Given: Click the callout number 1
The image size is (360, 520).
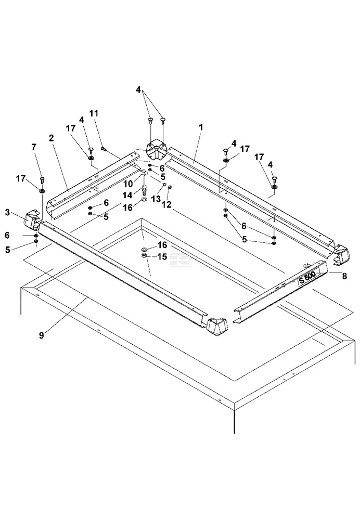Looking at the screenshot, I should click(x=201, y=127).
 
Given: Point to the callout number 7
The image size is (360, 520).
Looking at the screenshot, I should click(x=34, y=147).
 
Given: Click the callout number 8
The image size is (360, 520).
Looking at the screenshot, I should click(x=343, y=278).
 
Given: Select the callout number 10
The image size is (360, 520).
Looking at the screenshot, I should click(x=127, y=184).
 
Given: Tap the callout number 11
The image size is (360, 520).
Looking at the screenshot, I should click(x=94, y=113).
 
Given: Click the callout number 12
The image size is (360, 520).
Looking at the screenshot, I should click(x=167, y=205).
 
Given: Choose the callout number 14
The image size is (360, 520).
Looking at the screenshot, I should click(x=127, y=195).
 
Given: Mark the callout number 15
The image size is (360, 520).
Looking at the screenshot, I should click(x=162, y=256).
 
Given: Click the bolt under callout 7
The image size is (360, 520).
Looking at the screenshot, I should click(x=42, y=180).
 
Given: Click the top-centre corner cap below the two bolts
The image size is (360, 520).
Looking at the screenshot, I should click(x=155, y=150).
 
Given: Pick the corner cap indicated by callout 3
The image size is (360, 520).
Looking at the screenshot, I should click(x=33, y=220).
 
